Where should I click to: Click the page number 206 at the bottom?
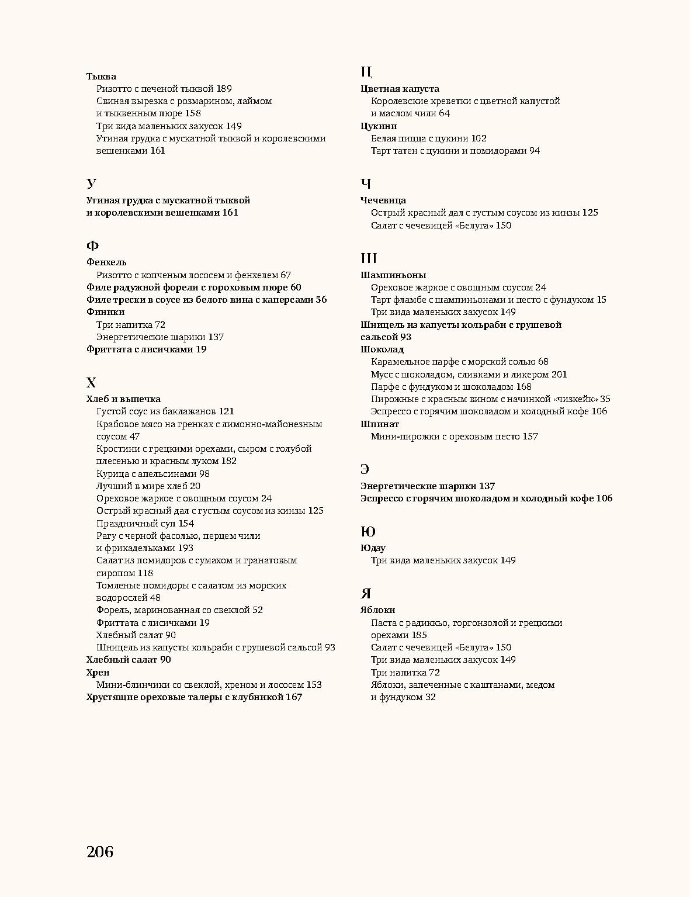[x=100, y=852]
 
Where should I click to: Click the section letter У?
[x=91, y=183]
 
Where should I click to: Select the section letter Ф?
[x=92, y=245]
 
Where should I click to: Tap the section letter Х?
[x=91, y=383]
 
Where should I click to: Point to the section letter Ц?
[x=366, y=72]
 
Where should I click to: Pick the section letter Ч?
[x=366, y=183]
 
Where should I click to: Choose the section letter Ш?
[x=369, y=258]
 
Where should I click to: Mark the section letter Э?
[x=365, y=469]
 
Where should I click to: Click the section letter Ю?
[x=367, y=532]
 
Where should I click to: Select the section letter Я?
[x=366, y=594]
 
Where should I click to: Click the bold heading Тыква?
[x=101, y=77]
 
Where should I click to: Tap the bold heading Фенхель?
[x=106, y=262]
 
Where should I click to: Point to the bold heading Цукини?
[x=379, y=126]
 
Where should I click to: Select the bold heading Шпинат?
[x=380, y=424]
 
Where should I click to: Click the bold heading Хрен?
[x=98, y=673]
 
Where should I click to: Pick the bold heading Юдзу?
[x=373, y=548]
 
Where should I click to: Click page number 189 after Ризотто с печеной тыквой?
[x=224, y=89]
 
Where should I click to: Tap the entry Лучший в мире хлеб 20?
[x=148, y=486]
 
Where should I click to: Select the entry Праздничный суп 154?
[x=145, y=524]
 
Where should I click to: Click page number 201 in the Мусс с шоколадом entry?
[x=559, y=375]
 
